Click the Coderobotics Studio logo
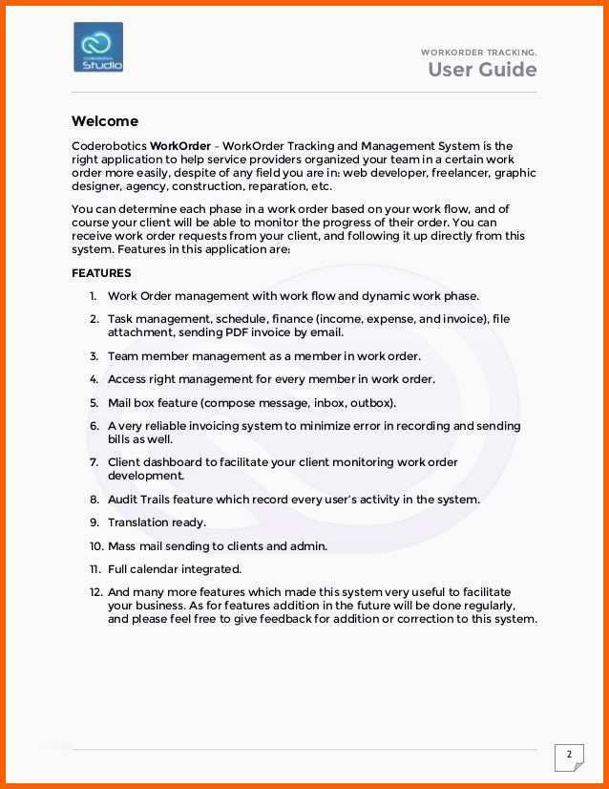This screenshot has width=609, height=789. pyautogui.click(x=98, y=48)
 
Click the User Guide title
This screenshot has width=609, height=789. pyautogui.click(x=481, y=70)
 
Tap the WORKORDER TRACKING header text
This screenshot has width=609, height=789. pyautogui.click(x=478, y=52)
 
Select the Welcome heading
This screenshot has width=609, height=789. pyautogui.click(x=104, y=121)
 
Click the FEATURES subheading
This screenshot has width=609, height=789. pyautogui.click(x=101, y=273)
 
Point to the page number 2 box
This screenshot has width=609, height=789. pyautogui.click(x=569, y=756)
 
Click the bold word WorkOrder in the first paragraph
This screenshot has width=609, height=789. pyautogui.click(x=180, y=146)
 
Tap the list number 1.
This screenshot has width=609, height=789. pyautogui.click(x=94, y=296)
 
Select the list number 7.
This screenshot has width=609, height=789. pyautogui.click(x=94, y=462)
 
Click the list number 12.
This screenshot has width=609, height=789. pyautogui.click(x=96, y=592)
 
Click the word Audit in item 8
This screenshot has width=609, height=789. pyautogui.click(x=123, y=499)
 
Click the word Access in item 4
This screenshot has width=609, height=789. pyautogui.click(x=127, y=379)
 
